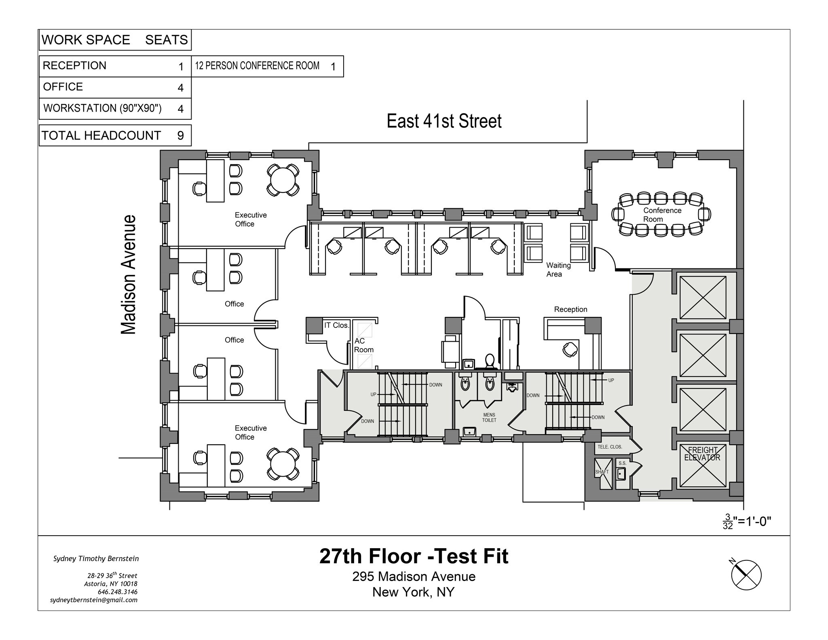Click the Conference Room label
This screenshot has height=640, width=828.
tap(662, 215)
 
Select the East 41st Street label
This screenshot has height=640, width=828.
tap(444, 121)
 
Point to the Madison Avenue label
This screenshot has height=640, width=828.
tap(129, 275)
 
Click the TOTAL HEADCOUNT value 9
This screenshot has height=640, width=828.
tap(180, 135)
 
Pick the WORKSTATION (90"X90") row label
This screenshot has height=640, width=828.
tap(102, 108)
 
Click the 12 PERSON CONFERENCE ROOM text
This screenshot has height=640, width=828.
tap(257, 66)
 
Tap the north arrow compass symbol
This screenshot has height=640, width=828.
tap(746, 575)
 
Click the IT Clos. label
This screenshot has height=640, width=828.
tap(336, 325)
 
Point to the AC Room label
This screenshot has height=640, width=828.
tap(363, 345)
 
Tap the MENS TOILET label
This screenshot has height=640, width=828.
tap(489, 418)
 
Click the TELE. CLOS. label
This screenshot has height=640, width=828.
tap(610, 447)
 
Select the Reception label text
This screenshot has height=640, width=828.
tap(570, 309)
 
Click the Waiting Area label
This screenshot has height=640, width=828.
tap(558, 270)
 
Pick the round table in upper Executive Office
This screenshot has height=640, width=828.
tap(283, 180)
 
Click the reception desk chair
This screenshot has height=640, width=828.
tap(570, 349)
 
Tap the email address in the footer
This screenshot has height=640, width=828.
tap(93, 600)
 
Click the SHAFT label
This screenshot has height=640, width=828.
tap(602, 472)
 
